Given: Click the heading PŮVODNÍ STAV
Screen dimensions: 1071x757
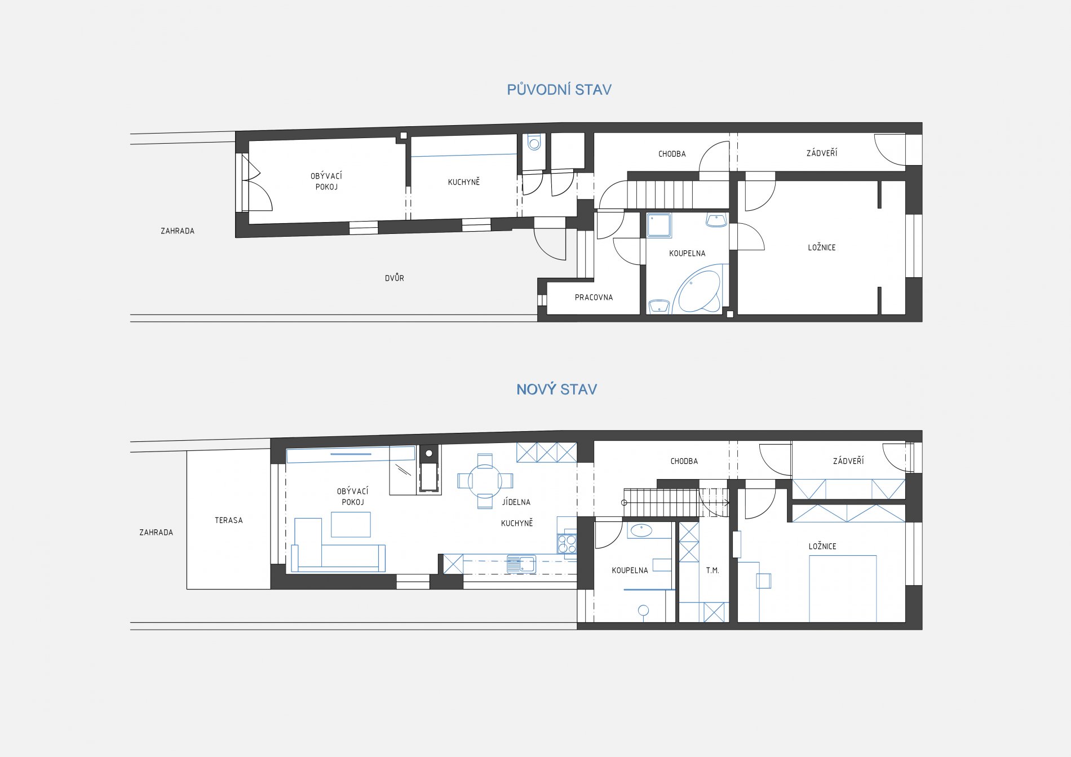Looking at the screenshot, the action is [x=559, y=90].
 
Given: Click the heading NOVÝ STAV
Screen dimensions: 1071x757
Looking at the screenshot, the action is [x=556, y=389].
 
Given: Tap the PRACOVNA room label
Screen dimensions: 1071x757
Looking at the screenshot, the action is [x=594, y=298].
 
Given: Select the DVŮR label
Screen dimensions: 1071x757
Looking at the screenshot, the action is [x=395, y=278].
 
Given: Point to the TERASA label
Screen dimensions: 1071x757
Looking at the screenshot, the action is [x=229, y=520].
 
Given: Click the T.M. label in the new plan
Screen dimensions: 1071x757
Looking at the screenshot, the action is [x=712, y=570].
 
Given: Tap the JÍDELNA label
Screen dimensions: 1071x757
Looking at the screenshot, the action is [x=516, y=502].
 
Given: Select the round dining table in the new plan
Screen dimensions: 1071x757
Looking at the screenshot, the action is [x=485, y=481].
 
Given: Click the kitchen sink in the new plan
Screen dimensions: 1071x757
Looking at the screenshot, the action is [x=521, y=563].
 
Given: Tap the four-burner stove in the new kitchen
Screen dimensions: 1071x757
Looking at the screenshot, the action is [x=567, y=543].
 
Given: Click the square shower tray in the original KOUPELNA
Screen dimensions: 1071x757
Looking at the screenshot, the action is [x=659, y=225].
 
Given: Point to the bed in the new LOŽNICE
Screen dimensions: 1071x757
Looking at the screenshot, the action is [x=843, y=589].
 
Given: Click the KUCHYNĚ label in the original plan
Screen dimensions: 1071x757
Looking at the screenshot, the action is [x=464, y=181].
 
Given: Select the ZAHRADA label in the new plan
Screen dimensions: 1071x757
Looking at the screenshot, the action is [x=156, y=532].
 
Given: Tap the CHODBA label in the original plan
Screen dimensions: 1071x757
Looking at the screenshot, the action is [x=672, y=154].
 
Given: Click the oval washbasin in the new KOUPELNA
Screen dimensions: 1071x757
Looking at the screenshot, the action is [x=641, y=530].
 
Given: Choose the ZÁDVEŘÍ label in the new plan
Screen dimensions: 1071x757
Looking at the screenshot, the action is [x=848, y=461].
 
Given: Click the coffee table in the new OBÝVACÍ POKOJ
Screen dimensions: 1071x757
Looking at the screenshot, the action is [x=351, y=524].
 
